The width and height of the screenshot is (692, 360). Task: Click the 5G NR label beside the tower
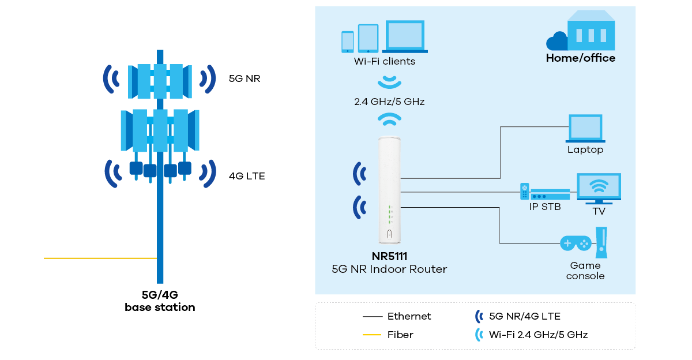tap(245, 78)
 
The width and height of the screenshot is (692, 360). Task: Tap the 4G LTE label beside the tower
tap(247, 176)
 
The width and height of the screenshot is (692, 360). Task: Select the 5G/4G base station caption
tap(160, 301)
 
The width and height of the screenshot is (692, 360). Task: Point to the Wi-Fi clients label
tap(384, 61)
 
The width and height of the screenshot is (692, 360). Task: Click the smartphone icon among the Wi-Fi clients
tap(347, 41)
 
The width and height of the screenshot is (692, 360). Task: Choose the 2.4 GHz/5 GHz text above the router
tap(389, 102)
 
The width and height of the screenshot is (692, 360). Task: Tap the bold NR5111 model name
tap(389, 257)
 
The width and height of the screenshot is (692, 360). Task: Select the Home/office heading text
tap(581, 58)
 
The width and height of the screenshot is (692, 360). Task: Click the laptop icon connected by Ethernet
tap(585, 128)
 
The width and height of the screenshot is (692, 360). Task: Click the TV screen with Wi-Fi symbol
tap(599, 187)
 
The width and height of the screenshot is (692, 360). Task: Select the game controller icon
tap(576, 243)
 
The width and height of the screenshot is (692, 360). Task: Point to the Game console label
tap(585, 271)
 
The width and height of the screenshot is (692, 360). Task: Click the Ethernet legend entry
tap(409, 316)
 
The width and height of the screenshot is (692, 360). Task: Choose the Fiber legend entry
tap(400, 335)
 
